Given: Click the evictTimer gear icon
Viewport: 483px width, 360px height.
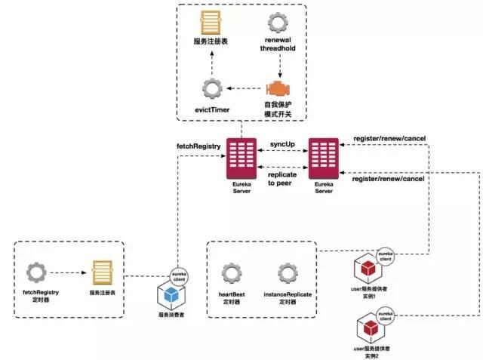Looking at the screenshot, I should tap(213, 87).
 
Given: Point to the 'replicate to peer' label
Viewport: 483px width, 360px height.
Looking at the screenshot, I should tap(282, 178).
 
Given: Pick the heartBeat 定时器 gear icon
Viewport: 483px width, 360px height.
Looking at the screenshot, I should tap(231, 274).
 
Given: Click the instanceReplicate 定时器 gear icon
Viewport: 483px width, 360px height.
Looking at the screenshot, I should tap(287, 274).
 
